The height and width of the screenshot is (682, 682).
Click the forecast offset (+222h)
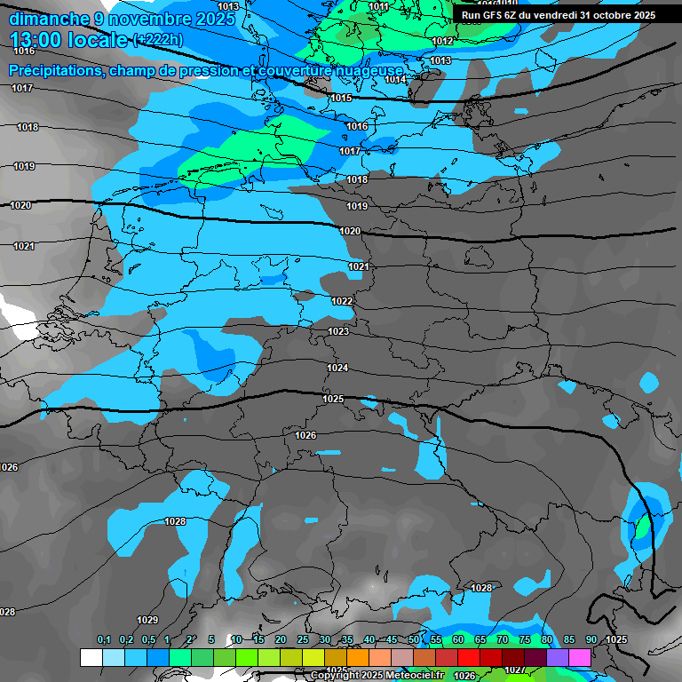(x=157, y=40)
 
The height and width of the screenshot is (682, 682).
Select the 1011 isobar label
(x=378, y=6)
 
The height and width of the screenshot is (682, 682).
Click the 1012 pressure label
(x=442, y=42)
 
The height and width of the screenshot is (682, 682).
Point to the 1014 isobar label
(x=395, y=79)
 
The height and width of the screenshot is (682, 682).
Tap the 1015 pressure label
(x=341, y=98)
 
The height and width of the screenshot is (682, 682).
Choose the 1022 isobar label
(x=342, y=301)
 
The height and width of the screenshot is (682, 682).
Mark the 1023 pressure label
(x=338, y=331)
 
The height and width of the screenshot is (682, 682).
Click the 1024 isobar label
(x=337, y=368)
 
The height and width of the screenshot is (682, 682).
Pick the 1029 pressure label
(x=147, y=620)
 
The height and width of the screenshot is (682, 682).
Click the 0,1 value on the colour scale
(x=103, y=639)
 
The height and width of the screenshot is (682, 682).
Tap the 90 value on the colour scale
(x=591, y=639)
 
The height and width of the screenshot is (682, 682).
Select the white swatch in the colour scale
(x=91, y=657)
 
